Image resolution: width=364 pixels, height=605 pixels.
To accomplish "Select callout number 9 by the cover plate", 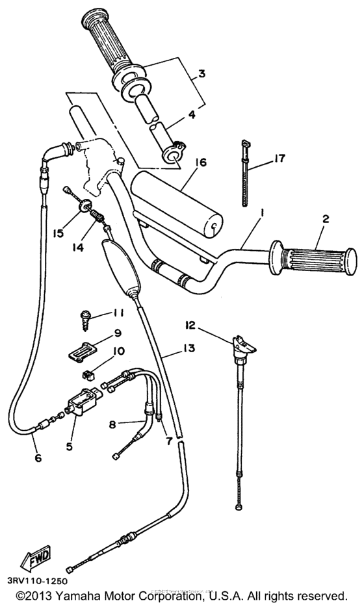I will coord(117,333).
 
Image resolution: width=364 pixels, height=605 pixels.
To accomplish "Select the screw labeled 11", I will coord(84,316).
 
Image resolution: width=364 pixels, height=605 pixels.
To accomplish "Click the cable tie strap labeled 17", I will coord(246,175).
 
